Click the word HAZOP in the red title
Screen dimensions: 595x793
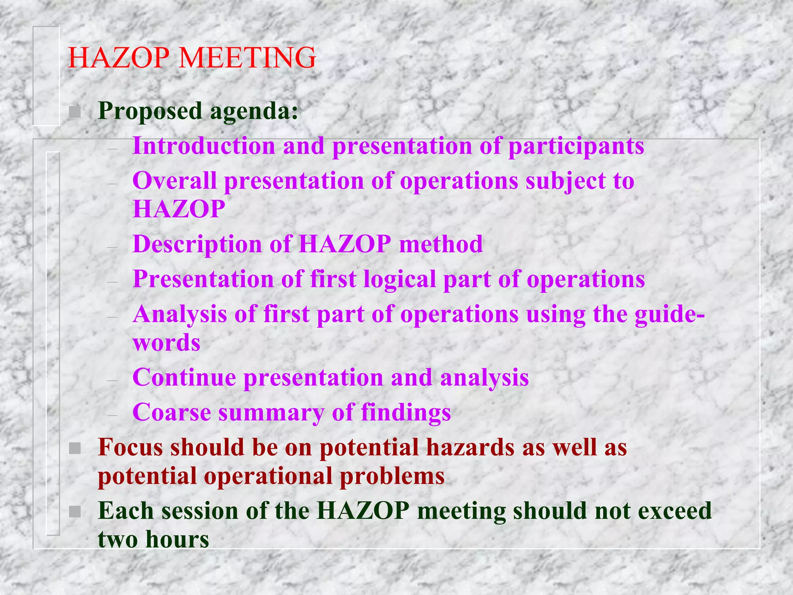coord(118,58)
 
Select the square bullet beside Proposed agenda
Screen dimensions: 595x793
coord(74,112)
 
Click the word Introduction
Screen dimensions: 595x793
coord(204,146)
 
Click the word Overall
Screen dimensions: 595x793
coord(174,181)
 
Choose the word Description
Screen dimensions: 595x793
coord(197,244)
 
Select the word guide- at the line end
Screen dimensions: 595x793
coord(669,315)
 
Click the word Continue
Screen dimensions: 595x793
coord(184,377)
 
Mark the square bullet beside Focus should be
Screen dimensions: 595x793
coord(74,449)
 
